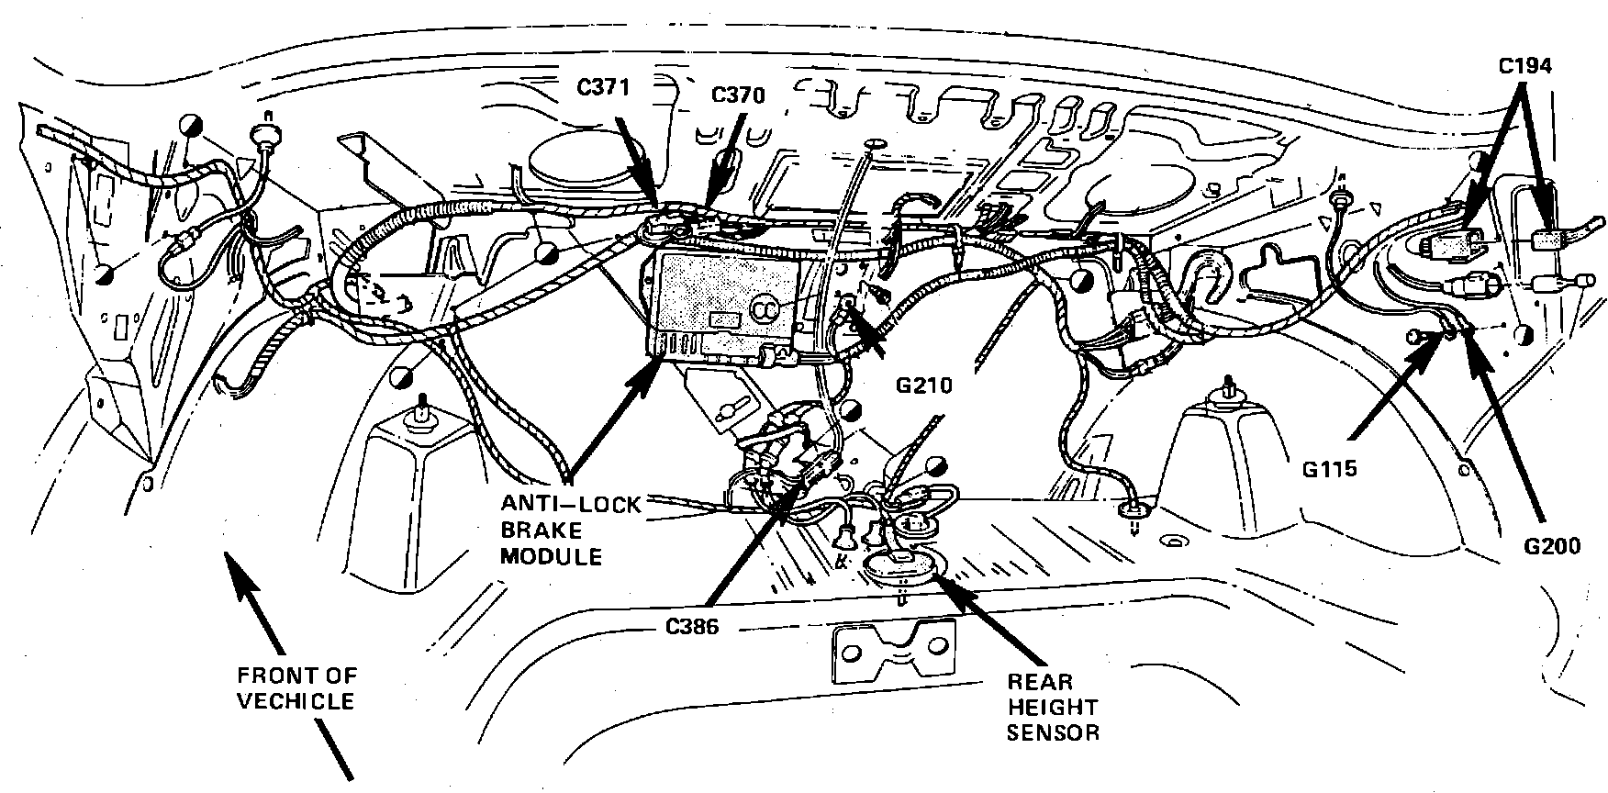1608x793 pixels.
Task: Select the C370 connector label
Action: (x=738, y=95)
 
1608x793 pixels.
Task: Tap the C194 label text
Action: (x=1524, y=67)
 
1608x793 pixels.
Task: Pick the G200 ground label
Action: (x=1552, y=547)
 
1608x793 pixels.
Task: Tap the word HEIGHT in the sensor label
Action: (x=1053, y=708)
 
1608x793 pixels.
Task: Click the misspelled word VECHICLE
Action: (x=296, y=701)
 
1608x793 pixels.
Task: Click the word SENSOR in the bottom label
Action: (x=1053, y=733)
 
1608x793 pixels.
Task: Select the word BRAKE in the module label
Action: (x=544, y=531)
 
